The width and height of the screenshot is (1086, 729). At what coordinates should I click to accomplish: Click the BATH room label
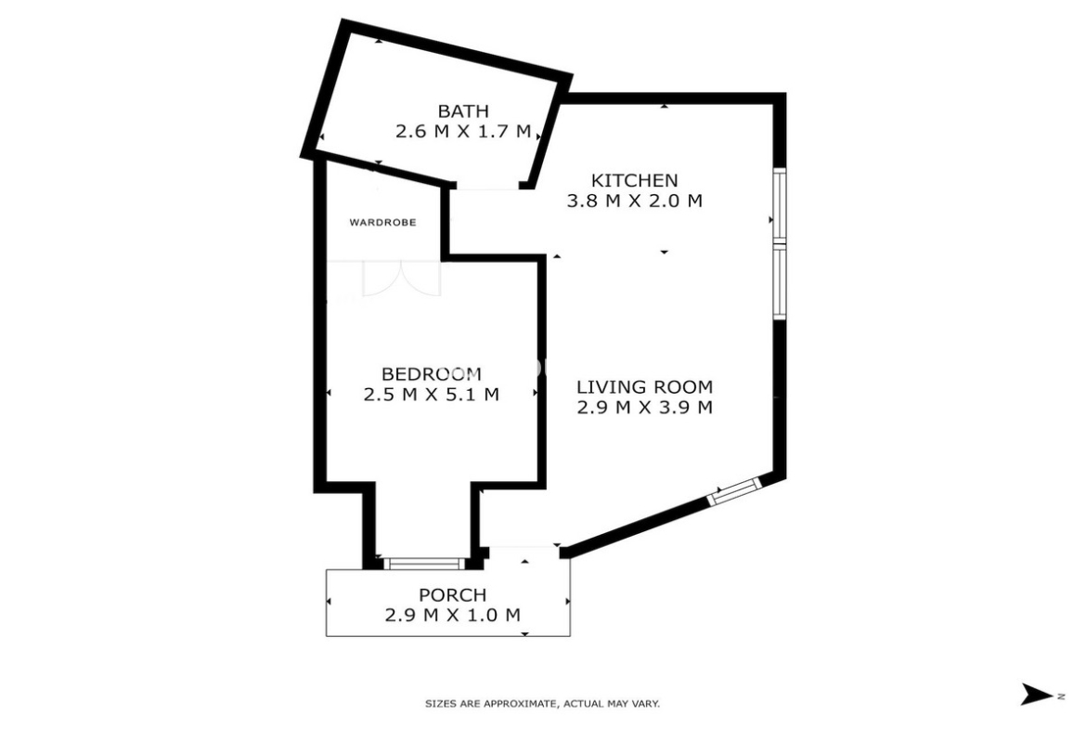click(462, 111)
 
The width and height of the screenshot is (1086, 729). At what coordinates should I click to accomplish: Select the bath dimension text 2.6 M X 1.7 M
click(462, 131)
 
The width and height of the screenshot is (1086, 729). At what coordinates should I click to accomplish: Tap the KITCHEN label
click(634, 180)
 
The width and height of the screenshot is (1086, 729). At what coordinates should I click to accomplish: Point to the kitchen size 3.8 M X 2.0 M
click(634, 201)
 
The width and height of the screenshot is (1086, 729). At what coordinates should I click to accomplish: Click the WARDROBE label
click(383, 223)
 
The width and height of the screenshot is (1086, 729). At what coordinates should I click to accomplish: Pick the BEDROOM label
click(432, 374)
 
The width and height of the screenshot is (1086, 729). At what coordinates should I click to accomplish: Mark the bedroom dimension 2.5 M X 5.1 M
click(432, 395)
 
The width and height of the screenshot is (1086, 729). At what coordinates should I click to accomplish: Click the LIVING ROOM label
click(645, 386)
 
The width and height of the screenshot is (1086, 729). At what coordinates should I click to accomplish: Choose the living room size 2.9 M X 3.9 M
click(645, 407)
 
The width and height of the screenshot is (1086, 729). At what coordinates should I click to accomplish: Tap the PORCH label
click(452, 594)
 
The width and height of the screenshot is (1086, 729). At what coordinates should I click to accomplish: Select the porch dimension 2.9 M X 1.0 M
click(452, 615)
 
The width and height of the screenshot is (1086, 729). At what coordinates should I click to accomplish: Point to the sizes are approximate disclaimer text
click(542, 704)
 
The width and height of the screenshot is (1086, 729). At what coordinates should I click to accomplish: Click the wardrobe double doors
click(402, 278)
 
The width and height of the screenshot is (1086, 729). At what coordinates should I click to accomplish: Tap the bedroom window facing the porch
click(425, 563)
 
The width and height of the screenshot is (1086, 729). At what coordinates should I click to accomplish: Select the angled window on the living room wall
click(734, 490)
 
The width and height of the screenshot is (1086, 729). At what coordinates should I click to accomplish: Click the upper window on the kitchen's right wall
click(780, 206)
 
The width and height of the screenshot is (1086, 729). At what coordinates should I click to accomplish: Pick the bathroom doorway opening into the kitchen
click(487, 186)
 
